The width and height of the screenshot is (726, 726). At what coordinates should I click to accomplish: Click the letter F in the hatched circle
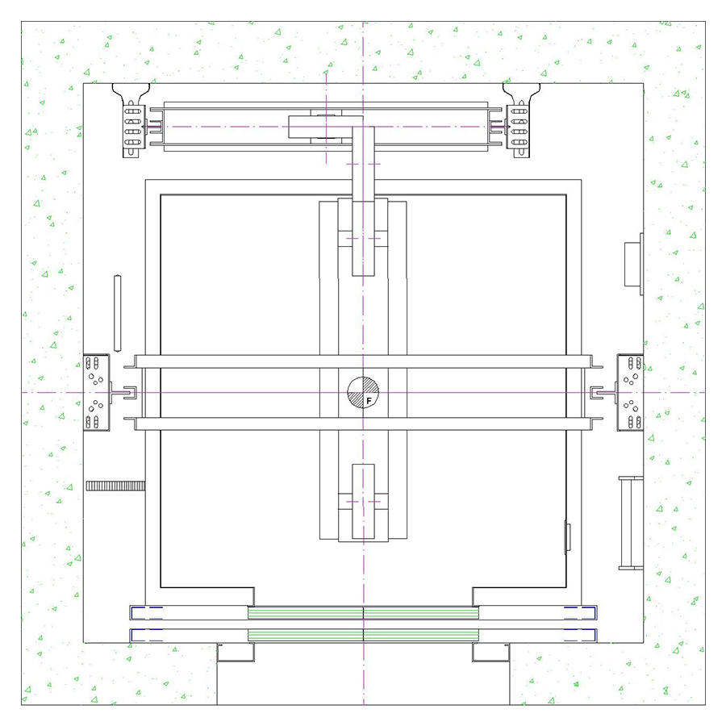[x=369, y=401]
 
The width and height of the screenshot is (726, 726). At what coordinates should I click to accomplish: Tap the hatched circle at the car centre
[x=363, y=393]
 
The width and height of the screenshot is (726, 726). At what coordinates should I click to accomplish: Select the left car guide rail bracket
[x=96, y=393]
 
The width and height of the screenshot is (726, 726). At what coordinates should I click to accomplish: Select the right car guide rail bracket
[x=630, y=393]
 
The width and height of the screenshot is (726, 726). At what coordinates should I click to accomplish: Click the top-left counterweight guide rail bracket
[x=131, y=120]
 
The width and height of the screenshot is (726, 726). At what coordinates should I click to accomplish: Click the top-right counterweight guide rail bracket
[x=521, y=120]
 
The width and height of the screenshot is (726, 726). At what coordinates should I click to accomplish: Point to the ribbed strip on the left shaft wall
[x=115, y=486]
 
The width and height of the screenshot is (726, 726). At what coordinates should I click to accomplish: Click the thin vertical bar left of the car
[x=118, y=314]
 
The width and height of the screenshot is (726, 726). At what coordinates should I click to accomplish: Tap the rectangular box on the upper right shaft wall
[x=634, y=264]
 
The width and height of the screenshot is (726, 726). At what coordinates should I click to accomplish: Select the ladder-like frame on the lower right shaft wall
[x=631, y=523]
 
